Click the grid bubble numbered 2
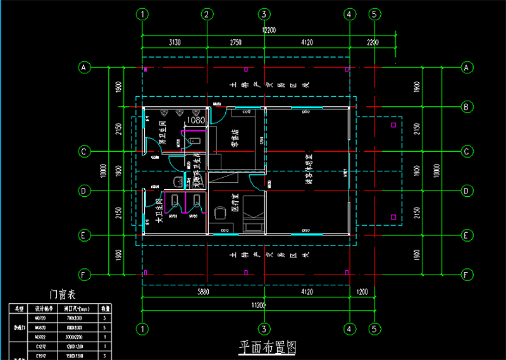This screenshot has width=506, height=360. pyautogui.click(x=206, y=14)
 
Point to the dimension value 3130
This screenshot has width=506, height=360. pyautogui.click(x=175, y=42)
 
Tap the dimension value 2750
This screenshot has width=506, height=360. pyautogui.click(x=235, y=42)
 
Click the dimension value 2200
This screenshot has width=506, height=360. pyautogui.click(x=373, y=42)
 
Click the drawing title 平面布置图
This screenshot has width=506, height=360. pyautogui.click(x=267, y=347)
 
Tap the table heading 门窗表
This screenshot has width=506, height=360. pyautogui.click(x=63, y=294)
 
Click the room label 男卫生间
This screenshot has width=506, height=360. pyautogui.click(x=162, y=133)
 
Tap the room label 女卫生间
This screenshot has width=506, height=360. pyautogui.click(x=160, y=210)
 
